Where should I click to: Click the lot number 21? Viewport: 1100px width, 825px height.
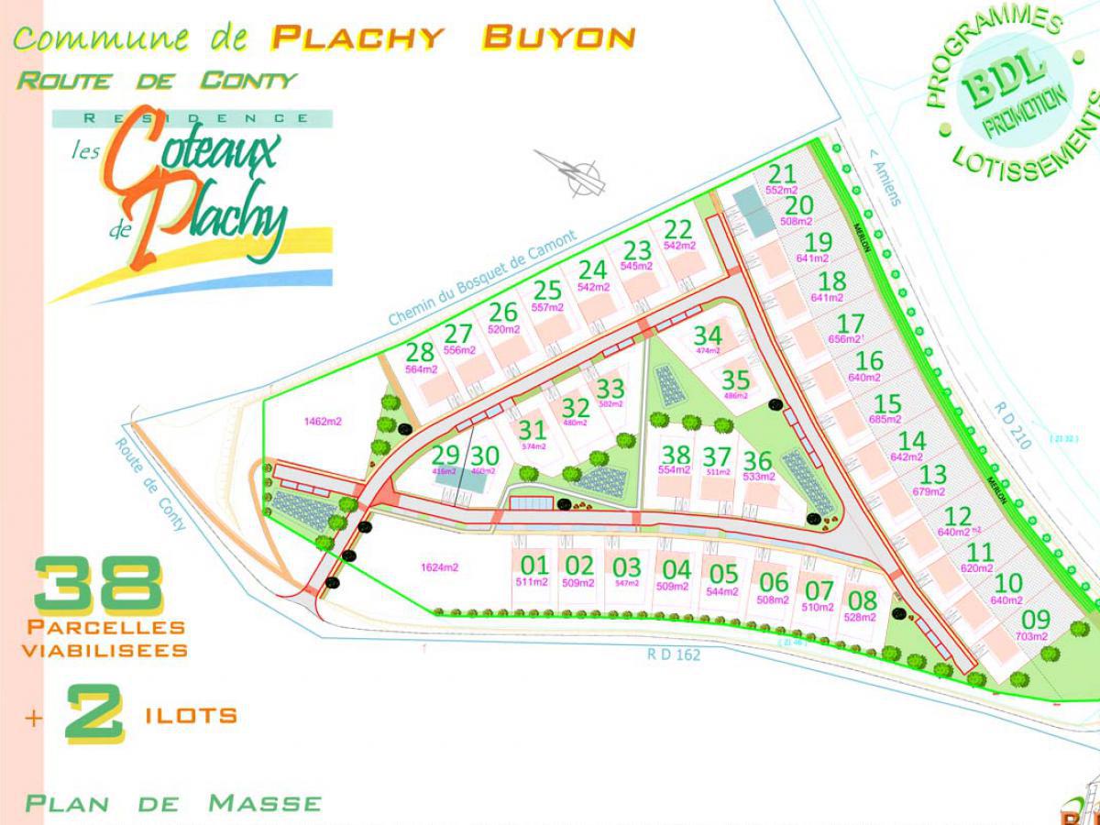tap(782, 174)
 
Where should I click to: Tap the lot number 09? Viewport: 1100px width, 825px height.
tap(1035, 620)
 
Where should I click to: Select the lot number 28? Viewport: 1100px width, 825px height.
tap(420, 352)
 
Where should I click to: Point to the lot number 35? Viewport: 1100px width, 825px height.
tap(735, 379)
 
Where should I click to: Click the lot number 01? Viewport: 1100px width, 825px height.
tap(533, 565)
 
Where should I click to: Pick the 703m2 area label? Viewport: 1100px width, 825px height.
tap(1032, 636)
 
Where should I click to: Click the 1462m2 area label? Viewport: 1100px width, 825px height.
tap(323, 422)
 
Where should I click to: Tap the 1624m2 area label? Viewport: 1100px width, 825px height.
tap(439, 567)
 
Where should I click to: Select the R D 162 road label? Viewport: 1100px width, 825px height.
tap(673, 654)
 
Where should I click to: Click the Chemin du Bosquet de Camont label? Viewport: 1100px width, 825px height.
tap(482, 278)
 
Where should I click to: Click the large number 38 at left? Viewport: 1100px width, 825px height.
tap(99, 587)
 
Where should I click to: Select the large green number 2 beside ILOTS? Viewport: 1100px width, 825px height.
tap(94, 714)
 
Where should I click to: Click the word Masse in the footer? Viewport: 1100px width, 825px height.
tap(265, 804)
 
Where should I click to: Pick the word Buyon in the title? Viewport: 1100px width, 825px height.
tap(558, 38)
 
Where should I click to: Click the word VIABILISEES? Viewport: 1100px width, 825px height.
tap(104, 650)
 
